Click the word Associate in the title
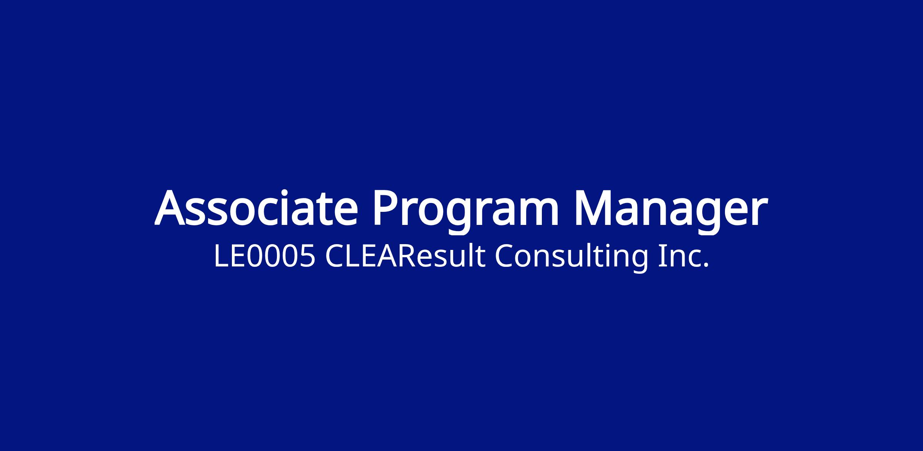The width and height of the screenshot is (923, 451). coord(257,208)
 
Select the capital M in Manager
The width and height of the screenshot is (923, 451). coord(595,208)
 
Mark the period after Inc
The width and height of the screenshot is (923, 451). coord(705,265)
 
